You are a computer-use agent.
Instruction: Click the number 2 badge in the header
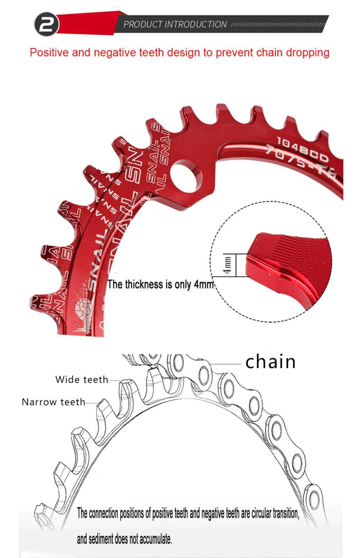click(x=46, y=24)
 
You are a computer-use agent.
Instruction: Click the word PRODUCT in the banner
click(x=143, y=24)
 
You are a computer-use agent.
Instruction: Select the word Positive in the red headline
click(x=49, y=53)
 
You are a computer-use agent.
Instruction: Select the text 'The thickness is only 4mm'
click(x=161, y=284)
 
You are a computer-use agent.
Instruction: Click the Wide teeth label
click(x=82, y=380)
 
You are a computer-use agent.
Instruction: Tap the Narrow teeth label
click(x=54, y=402)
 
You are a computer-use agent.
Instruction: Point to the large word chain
click(x=270, y=362)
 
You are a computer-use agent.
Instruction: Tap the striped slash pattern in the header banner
click(x=277, y=24)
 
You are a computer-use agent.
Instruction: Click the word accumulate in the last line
click(x=156, y=539)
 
